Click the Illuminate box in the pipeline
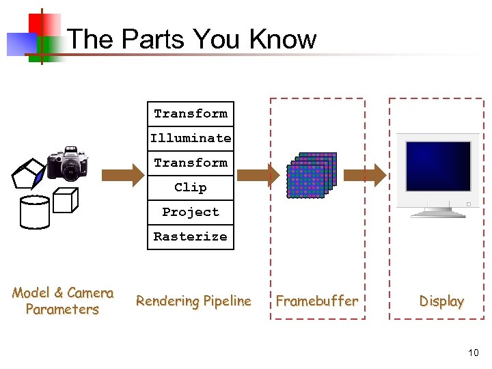(191, 138)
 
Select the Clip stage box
(191, 187)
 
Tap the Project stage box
(191, 212)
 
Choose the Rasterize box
(191, 236)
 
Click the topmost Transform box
(191, 113)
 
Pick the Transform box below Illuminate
(191, 163)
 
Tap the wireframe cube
(66, 200)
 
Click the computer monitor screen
(438, 166)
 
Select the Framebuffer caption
(316, 301)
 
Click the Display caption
(441, 301)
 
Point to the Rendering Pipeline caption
(193, 301)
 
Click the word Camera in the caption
(90, 293)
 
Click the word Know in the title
(283, 40)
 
